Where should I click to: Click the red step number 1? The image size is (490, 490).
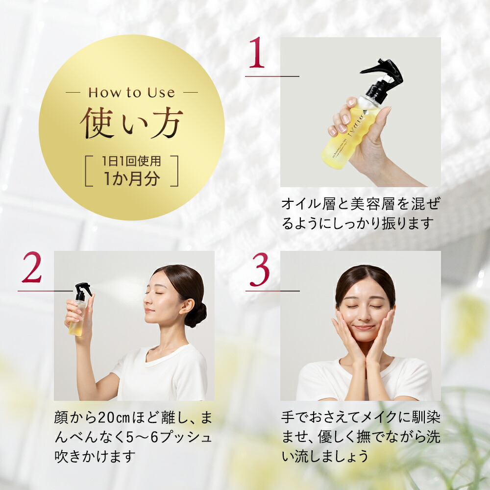coord(257,52)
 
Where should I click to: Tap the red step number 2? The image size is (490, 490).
coord(32,268)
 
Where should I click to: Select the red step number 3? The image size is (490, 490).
coord(259,270)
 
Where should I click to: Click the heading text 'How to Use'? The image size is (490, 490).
coord(131,93)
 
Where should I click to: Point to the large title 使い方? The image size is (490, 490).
coord(131,123)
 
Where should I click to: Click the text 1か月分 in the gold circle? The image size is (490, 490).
coord(131,178)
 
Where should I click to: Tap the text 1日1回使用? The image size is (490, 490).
coord(131,161)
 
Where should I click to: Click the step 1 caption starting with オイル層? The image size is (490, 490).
coord(361,214)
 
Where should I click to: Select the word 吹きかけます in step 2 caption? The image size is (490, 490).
coord(95,457)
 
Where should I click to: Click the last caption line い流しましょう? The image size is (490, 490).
coord(325,457)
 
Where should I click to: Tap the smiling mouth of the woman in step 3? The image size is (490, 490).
coord(364,328)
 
